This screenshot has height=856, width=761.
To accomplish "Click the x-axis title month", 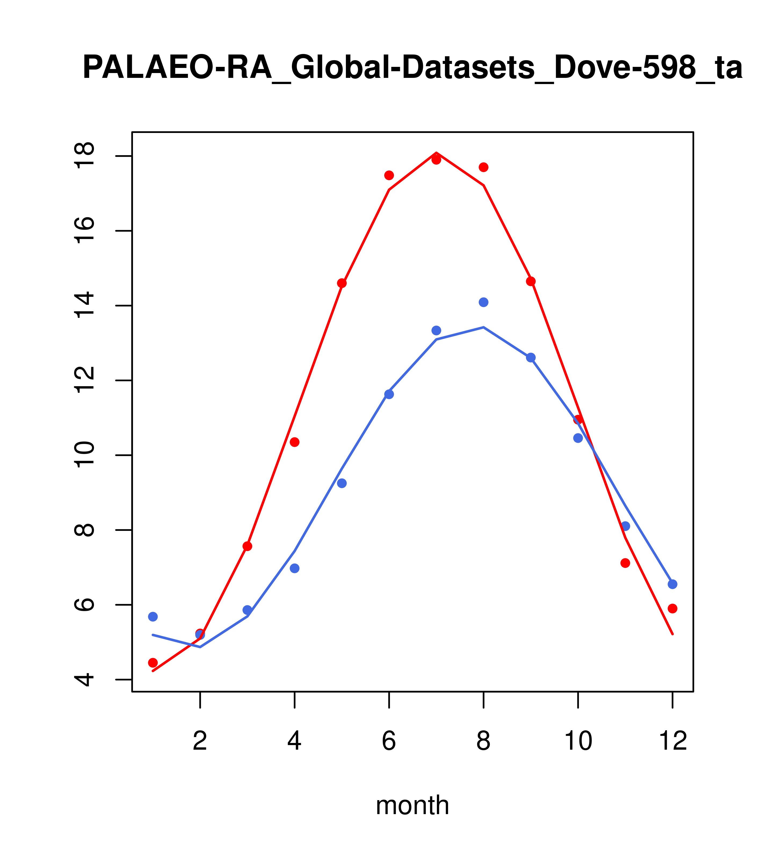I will click(x=412, y=805).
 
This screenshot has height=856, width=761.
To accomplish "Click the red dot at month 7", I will click(x=436, y=160).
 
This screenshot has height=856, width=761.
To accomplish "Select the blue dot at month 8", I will click(x=484, y=302).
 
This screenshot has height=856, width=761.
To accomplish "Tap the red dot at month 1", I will click(x=153, y=662).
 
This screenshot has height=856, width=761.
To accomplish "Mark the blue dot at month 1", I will click(x=153, y=616).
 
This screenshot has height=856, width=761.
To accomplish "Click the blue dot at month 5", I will click(x=342, y=483).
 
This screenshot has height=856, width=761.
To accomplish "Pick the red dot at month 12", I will click(x=673, y=608).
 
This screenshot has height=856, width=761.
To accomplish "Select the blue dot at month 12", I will click(x=673, y=584).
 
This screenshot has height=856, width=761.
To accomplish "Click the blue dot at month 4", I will click(x=295, y=568).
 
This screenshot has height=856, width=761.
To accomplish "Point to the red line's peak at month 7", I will click(x=436, y=153).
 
